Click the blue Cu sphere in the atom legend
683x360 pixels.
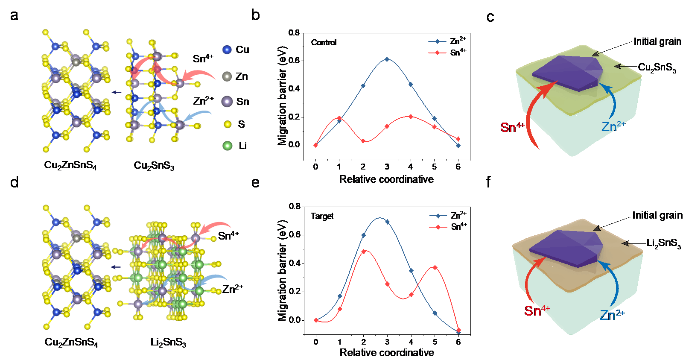pyautogui.click(x=227, y=50)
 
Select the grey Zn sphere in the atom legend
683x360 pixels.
pyautogui.click(x=227, y=76)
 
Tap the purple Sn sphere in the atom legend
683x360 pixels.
pyautogui.click(x=227, y=101)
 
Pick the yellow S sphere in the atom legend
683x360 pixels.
pyautogui.click(x=228, y=124)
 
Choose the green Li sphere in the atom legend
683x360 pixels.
pyautogui.click(x=228, y=146)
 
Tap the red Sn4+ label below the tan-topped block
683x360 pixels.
pyautogui.click(x=537, y=310)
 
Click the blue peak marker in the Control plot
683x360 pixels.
pyautogui.click(x=387, y=59)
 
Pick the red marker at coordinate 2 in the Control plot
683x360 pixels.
pyautogui.click(x=363, y=140)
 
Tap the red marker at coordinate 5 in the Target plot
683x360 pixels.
pyautogui.click(x=435, y=267)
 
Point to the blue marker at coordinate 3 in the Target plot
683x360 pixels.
pyautogui.click(x=387, y=222)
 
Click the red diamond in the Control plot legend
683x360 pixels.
pyautogui.click(x=437, y=53)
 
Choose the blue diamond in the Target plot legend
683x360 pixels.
pyautogui.click(x=438, y=216)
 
